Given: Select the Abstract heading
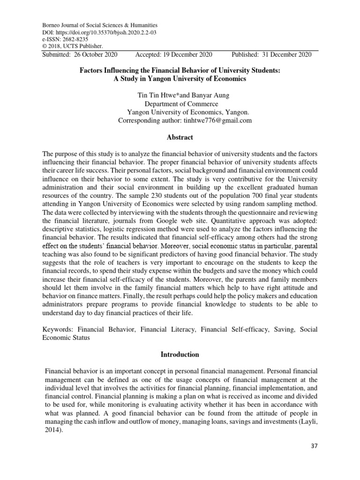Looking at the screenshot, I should click(x=180, y=137).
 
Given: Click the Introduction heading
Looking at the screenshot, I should click(x=180, y=354).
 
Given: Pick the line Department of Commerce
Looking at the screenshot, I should click(x=180, y=104).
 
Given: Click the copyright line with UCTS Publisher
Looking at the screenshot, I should click(x=73, y=46).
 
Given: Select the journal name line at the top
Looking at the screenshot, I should click(x=100, y=25).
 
